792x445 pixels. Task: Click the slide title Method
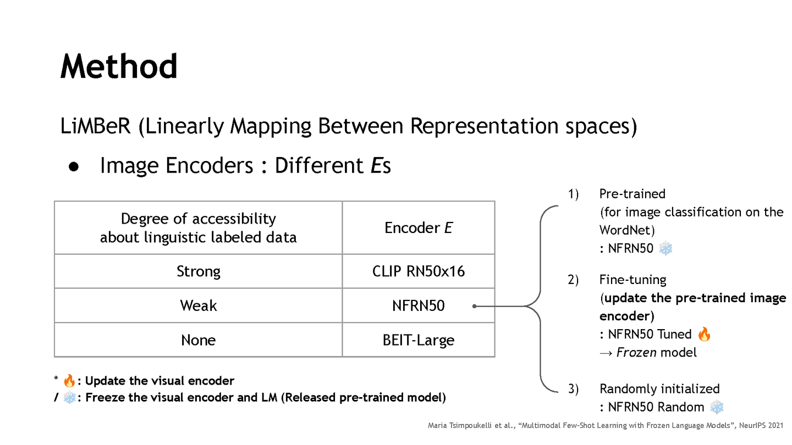tap(119, 66)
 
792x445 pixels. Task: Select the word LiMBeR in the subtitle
tap(96, 126)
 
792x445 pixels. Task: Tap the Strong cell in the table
tap(198, 271)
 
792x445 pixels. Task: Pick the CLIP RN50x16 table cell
tap(419, 271)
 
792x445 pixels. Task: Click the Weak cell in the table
tap(198, 305)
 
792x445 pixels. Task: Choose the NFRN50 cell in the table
tap(419, 305)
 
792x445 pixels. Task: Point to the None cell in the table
tap(198, 340)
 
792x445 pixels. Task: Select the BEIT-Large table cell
tap(419, 340)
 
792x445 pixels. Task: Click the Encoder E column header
tap(419, 228)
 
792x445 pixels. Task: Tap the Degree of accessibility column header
tap(198, 227)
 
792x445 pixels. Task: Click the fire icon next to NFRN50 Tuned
tap(704, 334)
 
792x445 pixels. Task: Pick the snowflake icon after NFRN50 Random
tap(717, 407)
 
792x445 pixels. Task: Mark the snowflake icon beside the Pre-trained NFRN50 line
tap(665, 248)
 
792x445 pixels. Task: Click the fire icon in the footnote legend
tap(69, 381)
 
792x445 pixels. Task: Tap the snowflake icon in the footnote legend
tap(69, 397)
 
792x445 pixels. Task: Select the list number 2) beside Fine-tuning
tap(574, 280)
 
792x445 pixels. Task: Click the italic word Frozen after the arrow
tap(636, 352)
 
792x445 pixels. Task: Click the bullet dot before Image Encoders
tap(75, 166)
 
